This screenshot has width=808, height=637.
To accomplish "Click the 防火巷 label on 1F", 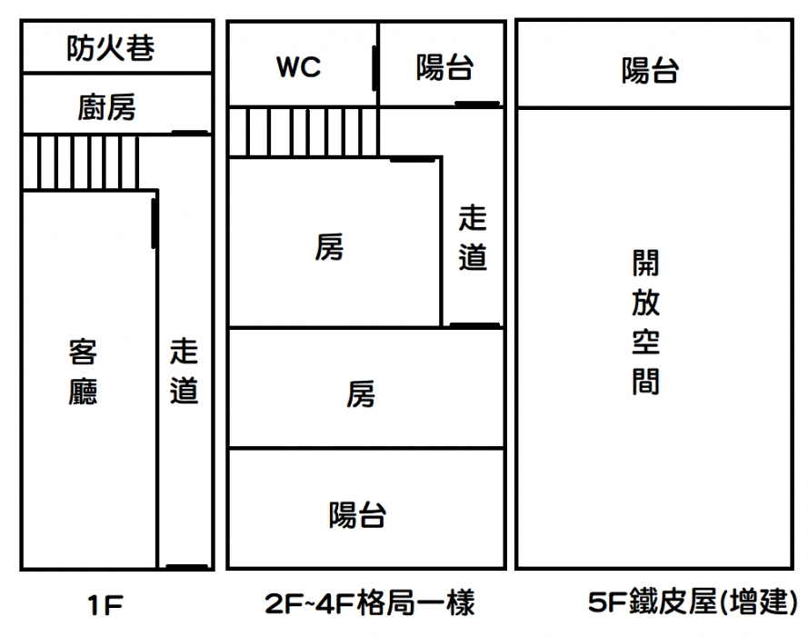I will (110, 48).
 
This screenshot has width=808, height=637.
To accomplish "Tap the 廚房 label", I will (106, 108).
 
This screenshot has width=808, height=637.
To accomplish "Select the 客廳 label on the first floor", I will (83, 372).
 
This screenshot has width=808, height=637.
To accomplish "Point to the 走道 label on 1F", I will (184, 372).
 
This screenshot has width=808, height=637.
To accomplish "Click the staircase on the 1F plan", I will (81, 163).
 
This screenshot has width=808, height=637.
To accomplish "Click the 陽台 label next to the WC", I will (444, 67).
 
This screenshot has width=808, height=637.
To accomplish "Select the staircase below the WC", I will (303, 132).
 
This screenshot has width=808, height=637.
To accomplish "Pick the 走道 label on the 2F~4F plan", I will (473, 238).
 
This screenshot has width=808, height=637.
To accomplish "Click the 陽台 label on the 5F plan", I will (650, 70).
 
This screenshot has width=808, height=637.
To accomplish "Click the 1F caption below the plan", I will (105, 604).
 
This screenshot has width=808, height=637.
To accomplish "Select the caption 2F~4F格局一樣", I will (369, 602).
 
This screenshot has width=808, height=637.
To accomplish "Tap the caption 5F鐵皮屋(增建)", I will (693, 602).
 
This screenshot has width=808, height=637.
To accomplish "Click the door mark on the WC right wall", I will (374, 67).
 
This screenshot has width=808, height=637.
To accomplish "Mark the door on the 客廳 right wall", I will (155, 224).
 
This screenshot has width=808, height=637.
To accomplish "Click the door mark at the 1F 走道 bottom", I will (187, 568).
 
